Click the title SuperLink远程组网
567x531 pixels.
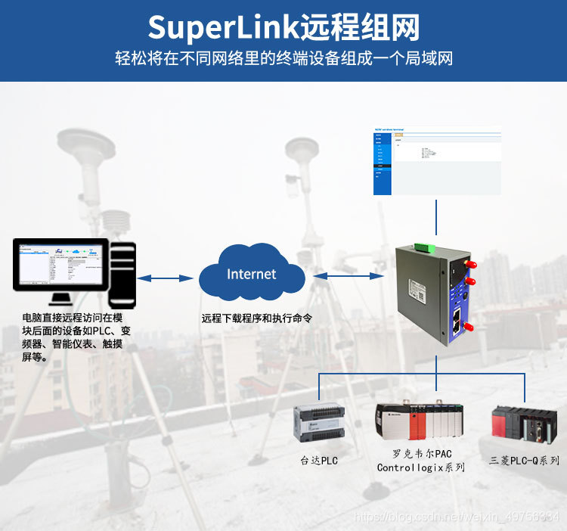click(x=283, y=27)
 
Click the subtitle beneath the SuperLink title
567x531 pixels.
click(x=283, y=58)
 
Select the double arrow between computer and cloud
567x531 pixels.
click(x=166, y=278)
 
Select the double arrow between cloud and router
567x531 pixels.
click(x=345, y=275)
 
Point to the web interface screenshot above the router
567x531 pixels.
click(x=437, y=161)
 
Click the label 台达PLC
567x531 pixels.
click(x=319, y=460)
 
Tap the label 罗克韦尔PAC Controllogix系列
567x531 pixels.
click(x=421, y=461)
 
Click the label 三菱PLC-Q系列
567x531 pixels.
click(x=524, y=460)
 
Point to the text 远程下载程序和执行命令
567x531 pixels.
click(x=257, y=318)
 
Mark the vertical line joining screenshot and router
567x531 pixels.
click(x=436, y=219)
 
